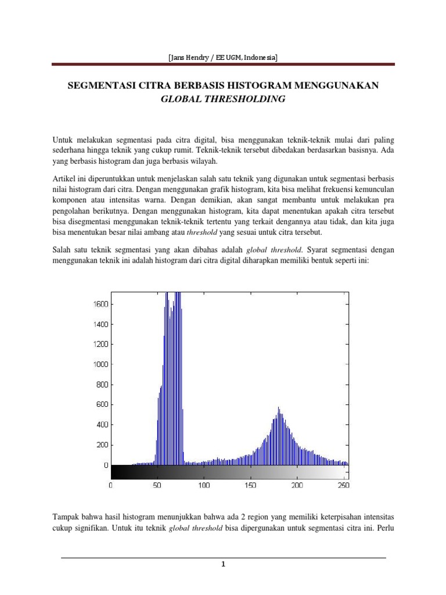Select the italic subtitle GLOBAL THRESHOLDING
click(x=222, y=99)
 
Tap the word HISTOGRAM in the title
click(x=265, y=85)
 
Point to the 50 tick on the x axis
click(x=157, y=485)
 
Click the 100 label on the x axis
click(x=204, y=485)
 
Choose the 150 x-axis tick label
click(x=250, y=485)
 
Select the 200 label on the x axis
click(x=297, y=485)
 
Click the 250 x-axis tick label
click(x=343, y=485)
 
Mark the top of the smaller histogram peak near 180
click(x=279, y=408)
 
